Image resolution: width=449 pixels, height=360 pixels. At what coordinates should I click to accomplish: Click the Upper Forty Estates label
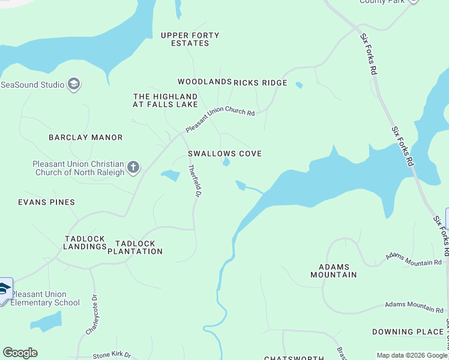click(190, 40)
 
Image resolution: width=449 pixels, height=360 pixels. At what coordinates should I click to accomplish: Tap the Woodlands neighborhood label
click(204, 82)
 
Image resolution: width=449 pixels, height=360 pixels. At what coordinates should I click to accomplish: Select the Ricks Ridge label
click(261, 83)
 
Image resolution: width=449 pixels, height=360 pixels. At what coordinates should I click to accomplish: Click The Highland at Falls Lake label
click(165, 100)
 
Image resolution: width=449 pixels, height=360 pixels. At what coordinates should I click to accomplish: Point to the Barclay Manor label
click(85, 137)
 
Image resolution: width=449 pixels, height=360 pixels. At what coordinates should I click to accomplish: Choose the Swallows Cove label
click(224, 154)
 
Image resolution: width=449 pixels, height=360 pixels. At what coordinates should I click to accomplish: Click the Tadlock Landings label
click(85, 243)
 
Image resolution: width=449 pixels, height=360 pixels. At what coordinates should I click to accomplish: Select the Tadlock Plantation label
click(135, 247)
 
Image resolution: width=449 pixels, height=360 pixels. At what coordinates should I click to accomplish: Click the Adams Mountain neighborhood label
click(333, 271)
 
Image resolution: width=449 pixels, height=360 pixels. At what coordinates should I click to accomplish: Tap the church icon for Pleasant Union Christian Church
click(133, 166)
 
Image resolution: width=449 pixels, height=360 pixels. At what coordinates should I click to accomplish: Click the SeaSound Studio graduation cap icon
click(74, 84)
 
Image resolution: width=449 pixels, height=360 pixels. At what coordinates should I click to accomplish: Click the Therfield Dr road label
click(194, 182)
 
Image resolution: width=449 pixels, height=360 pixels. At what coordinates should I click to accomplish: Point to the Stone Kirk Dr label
click(112, 355)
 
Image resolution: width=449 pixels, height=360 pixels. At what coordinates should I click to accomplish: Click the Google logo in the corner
click(20, 353)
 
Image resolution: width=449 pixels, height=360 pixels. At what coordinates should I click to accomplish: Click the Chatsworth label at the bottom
click(294, 358)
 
